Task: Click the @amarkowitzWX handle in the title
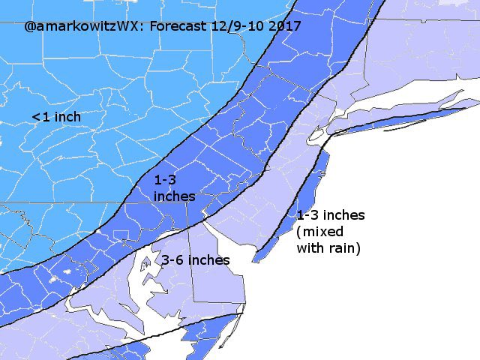click(82, 26)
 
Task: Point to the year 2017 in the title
click(286, 26)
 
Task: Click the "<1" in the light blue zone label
click(40, 117)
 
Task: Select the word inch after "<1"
click(67, 117)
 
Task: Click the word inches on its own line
click(174, 196)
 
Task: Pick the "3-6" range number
click(173, 260)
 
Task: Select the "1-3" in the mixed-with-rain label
click(308, 215)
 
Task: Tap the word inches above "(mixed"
click(344, 215)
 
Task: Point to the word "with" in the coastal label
click(310, 247)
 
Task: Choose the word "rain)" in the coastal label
click(344, 247)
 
